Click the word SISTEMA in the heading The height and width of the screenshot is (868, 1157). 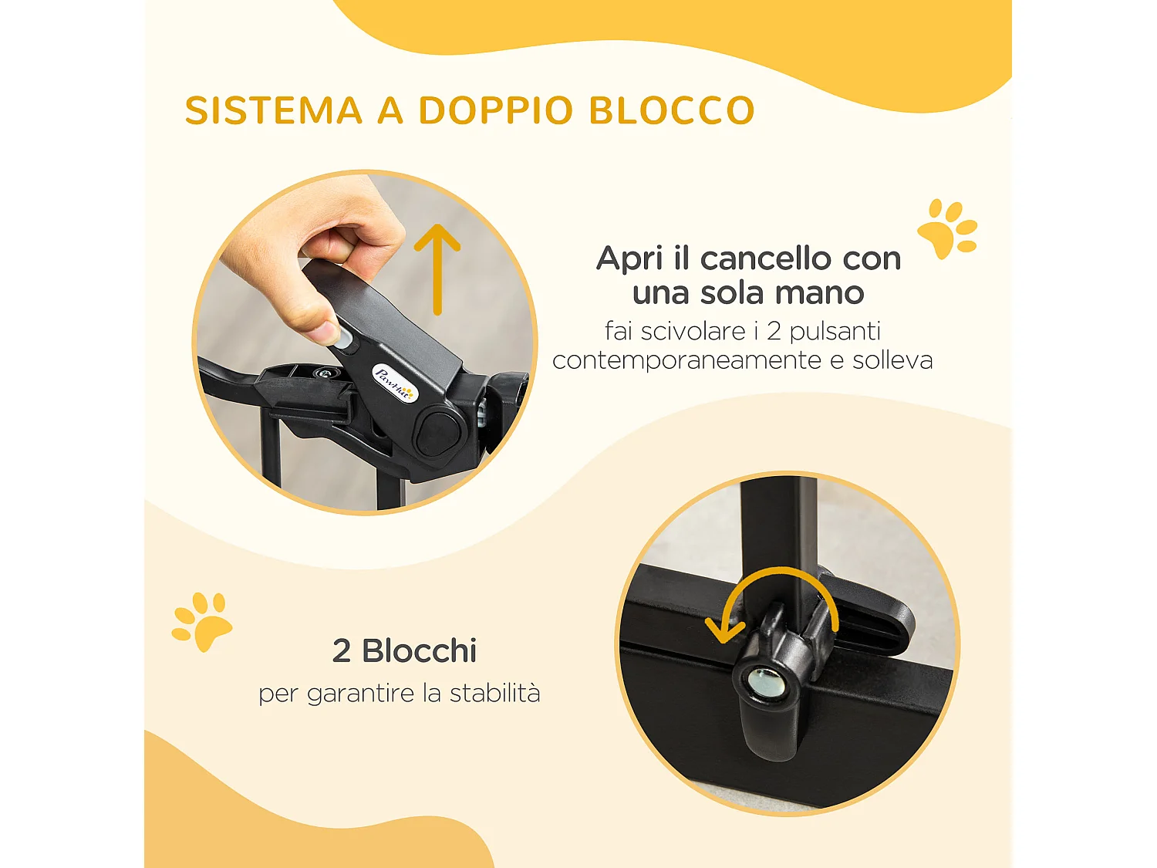click(x=274, y=110)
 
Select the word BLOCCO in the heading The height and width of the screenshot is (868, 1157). click(x=672, y=110)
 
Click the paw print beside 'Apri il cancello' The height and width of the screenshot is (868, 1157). click(x=947, y=228)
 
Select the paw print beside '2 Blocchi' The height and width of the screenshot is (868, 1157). click(x=201, y=621)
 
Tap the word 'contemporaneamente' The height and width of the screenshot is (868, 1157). click(x=686, y=360)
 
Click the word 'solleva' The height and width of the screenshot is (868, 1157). click(x=892, y=360)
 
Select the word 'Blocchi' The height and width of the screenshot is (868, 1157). click(x=420, y=651)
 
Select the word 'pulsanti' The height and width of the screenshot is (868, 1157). click(x=835, y=332)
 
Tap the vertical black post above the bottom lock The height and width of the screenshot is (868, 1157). click(x=778, y=532)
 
